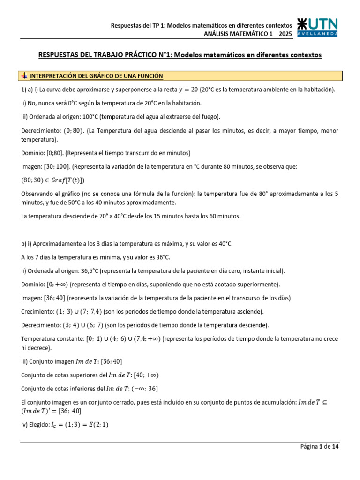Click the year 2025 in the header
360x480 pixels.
285,33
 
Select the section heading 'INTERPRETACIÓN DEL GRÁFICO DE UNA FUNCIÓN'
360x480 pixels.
96,75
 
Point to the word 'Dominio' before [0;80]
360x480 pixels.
33,153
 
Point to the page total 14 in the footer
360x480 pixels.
335,447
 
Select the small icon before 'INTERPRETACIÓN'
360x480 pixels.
24,75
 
